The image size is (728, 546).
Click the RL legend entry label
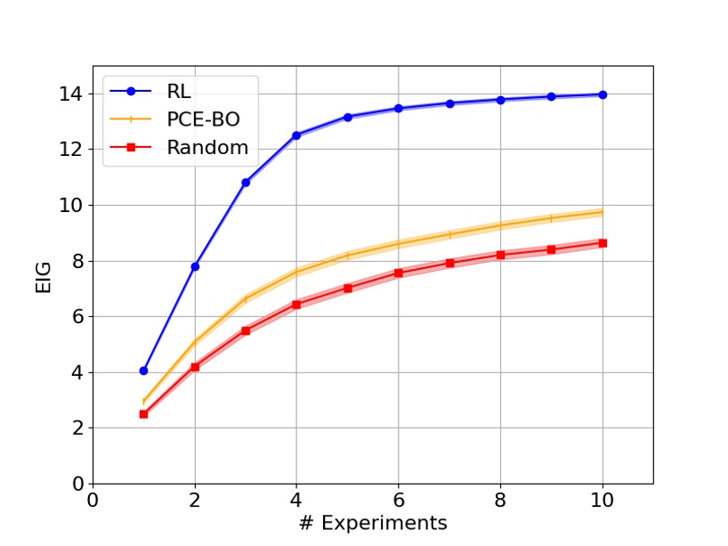click(179, 91)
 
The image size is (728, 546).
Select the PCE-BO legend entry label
click(204, 119)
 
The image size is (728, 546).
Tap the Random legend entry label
click(207, 148)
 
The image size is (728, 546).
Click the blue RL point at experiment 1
click(143, 371)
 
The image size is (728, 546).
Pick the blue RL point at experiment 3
click(246, 183)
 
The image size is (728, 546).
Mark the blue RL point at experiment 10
click(603, 94)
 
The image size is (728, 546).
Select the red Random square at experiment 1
click(143, 414)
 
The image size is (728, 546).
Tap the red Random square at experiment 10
click(603, 243)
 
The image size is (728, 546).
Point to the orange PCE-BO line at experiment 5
click(348, 256)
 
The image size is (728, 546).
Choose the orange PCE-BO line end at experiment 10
click(603, 212)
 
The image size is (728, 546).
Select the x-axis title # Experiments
click(372, 522)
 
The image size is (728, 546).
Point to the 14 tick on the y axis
click(73, 94)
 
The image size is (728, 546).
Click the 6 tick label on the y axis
click(77, 317)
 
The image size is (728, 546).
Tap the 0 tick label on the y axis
click(77, 485)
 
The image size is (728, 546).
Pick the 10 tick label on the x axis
click(603, 500)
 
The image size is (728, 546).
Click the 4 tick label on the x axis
click(296, 500)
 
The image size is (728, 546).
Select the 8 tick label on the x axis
click(500, 500)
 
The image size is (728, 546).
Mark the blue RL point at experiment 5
click(348, 117)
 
